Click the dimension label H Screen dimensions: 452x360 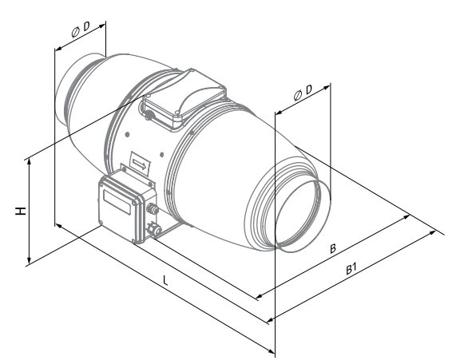click(21, 211)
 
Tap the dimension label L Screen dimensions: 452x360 click(165, 280)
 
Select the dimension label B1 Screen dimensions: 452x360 click(351, 269)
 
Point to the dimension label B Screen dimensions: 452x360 click(333, 248)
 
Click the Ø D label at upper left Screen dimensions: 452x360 click(81, 30)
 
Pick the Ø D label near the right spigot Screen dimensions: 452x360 click(303, 93)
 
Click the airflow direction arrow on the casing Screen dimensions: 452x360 click(140, 164)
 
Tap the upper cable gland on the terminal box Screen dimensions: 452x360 click(152, 208)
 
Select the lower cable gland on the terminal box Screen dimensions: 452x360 click(153, 229)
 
